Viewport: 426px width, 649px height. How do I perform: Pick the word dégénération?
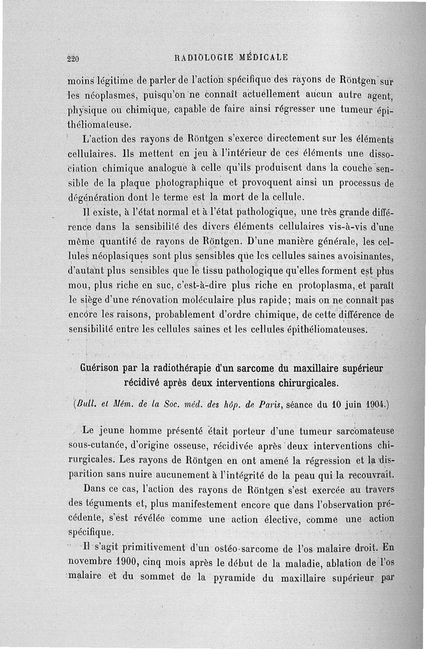pos(96,199)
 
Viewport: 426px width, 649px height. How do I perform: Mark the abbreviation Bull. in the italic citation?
pos(84,404)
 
